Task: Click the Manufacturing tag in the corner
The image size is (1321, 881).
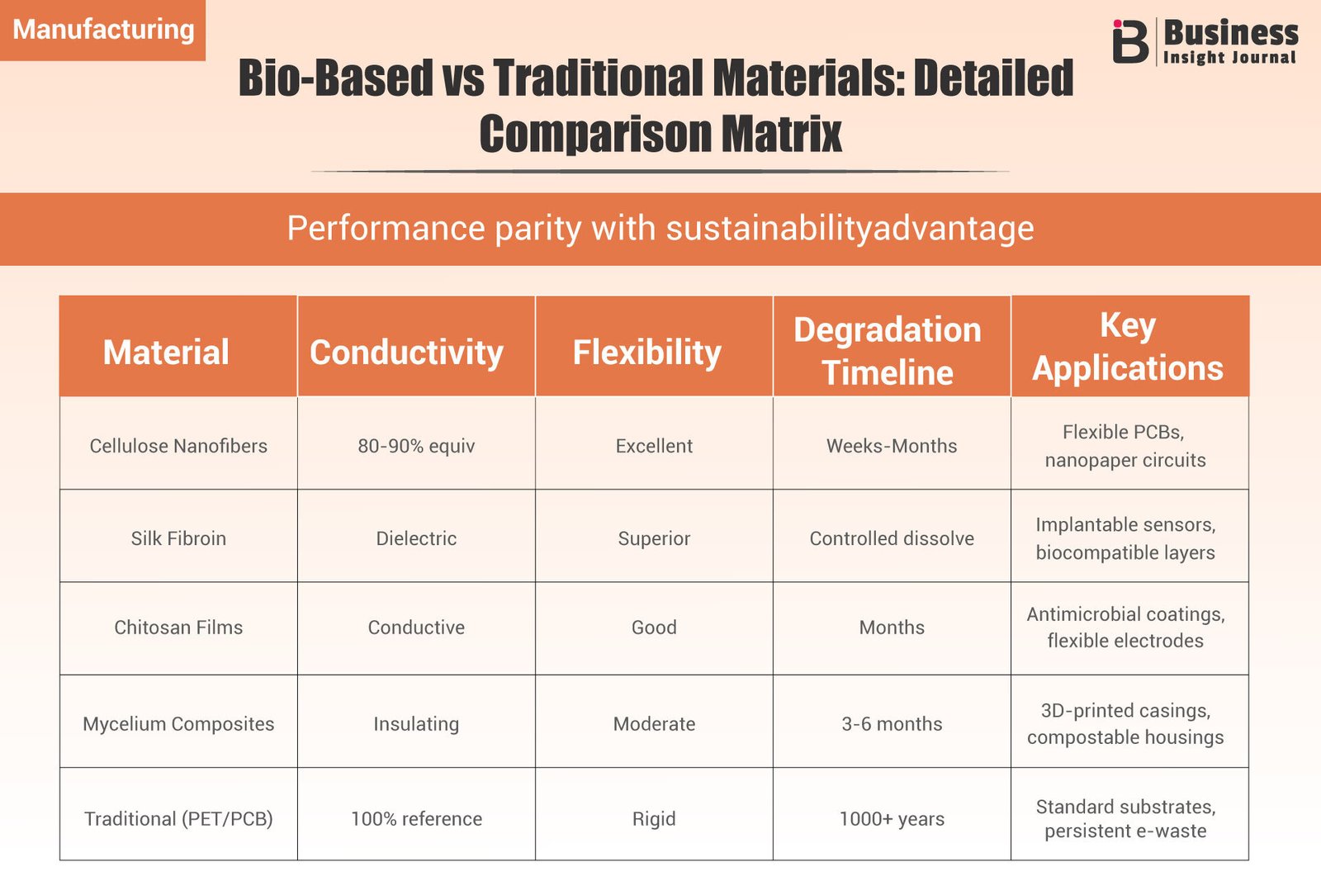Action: click(103, 30)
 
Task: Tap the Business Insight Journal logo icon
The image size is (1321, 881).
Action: click(1130, 42)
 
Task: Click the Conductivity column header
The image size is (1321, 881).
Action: click(406, 353)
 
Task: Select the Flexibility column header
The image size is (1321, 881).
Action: click(647, 353)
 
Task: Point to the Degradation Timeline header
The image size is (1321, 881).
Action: click(888, 351)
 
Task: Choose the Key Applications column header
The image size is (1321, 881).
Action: click(1128, 347)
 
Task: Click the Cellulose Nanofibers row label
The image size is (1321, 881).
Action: click(178, 446)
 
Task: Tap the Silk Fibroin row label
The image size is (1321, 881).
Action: click(178, 538)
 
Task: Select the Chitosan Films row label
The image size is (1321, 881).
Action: click(178, 628)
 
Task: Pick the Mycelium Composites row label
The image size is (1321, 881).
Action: click(178, 724)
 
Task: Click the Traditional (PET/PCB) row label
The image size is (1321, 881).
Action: click(178, 819)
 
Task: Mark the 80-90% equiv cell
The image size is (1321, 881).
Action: click(416, 446)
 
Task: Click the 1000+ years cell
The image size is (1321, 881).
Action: click(892, 819)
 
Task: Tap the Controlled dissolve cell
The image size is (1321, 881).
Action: click(892, 538)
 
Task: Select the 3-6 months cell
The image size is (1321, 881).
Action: click(892, 724)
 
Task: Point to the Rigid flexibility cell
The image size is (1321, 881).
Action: click(654, 819)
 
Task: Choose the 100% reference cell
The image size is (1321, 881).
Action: click(416, 819)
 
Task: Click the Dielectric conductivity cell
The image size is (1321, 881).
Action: click(416, 538)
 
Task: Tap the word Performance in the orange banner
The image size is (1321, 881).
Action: click(386, 229)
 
